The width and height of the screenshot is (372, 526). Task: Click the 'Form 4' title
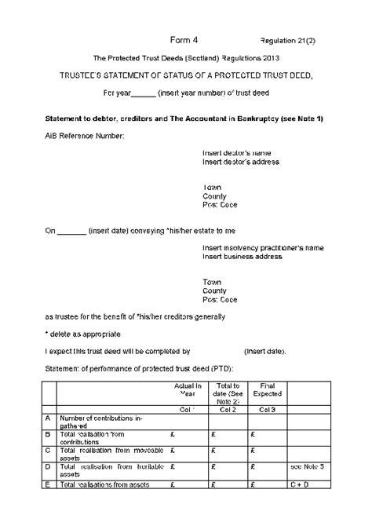pyautogui.click(x=184, y=39)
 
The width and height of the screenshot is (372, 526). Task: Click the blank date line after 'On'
pyautogui.click(x=72, y=232)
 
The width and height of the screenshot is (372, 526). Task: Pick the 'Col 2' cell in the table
pyautogui.click(x=228, y=409)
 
